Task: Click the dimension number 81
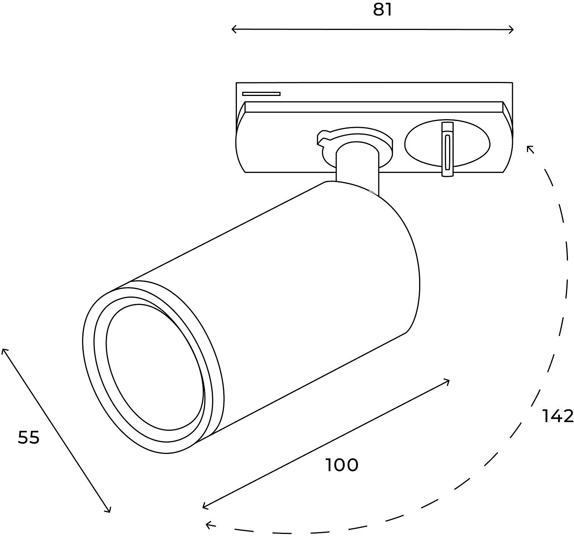tap(382, 10)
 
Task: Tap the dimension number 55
tap(28, 438)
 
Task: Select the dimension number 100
tap(342, 465)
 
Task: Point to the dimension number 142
tap(557, 416)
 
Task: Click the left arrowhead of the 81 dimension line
tap(233, 29)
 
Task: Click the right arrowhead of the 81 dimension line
tap(512, 29)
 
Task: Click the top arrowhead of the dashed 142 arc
tap(530, 148)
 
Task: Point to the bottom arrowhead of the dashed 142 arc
tap(208, 525)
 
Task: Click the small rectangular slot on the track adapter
tap(261, 94)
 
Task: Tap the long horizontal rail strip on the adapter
tap(374, 107)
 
